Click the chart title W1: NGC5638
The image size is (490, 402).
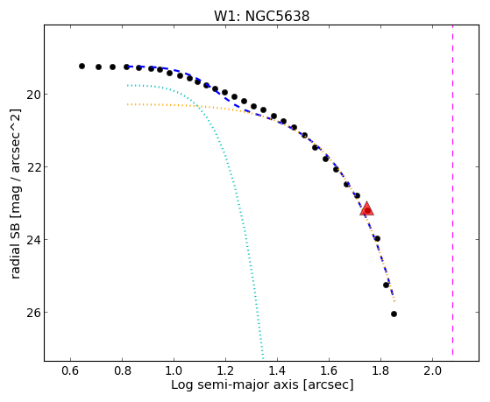[261, 16]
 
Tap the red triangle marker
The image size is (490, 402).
[367, 209]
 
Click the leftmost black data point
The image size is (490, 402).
[82, 67]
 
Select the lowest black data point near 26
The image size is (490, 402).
[394, 314]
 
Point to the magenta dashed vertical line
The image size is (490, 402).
[452, 193]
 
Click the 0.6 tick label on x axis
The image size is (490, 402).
[71, 370]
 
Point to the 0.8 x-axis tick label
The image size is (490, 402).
[123, 370]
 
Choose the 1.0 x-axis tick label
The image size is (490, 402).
[174, 370]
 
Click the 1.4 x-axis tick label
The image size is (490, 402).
[277, 370]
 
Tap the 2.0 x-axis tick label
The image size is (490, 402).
[432, 370]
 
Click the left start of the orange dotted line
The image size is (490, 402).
[127, 104]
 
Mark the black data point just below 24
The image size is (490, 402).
[377, 238]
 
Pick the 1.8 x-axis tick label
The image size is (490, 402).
[380, 370]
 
